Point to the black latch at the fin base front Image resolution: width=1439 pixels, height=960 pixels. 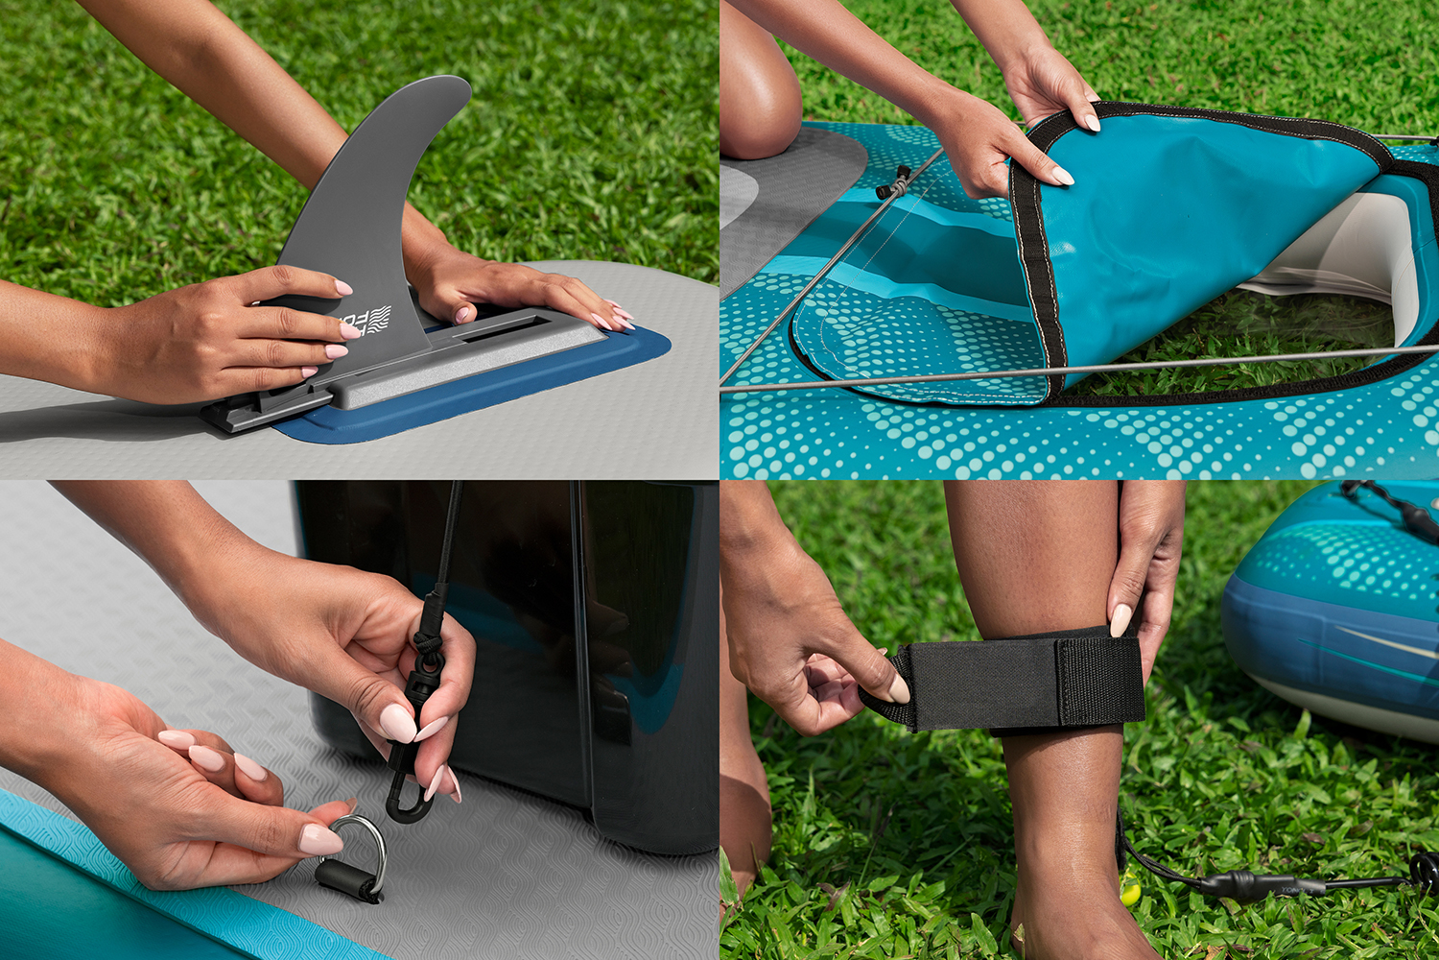tap(240, 413)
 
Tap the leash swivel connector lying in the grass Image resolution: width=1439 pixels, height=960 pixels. tap(1247, 884)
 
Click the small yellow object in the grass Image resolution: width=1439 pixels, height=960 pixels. tap(1132, 894)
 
